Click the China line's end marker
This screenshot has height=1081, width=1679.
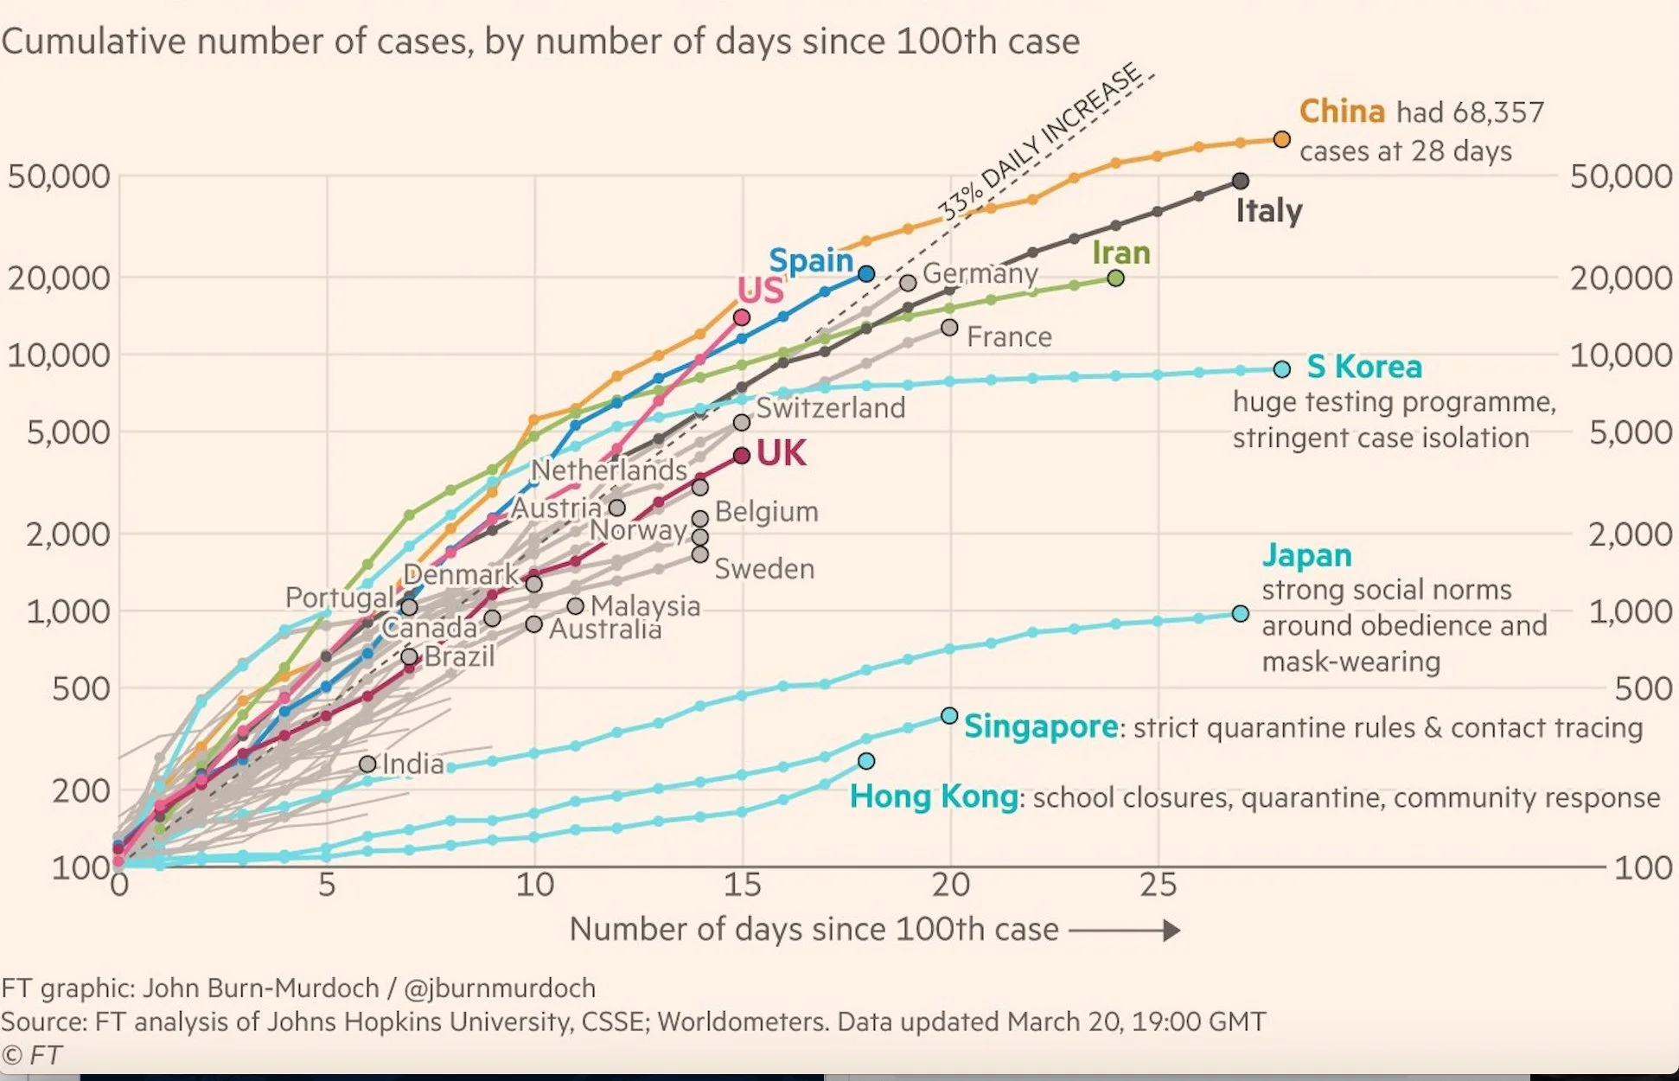[1281, 139]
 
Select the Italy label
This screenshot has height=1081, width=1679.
[1268, 211]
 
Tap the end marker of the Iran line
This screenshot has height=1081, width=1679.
[1115, 278]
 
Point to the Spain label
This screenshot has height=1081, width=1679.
[810, 260]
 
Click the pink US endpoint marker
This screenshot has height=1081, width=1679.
[741, 317]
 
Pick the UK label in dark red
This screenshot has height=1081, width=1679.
[781, 453]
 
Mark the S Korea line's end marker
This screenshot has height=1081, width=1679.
[1281, 369]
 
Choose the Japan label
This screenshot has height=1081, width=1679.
[1306, 555]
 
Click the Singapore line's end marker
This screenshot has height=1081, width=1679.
[948, 716]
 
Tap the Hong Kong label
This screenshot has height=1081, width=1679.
[933, 796]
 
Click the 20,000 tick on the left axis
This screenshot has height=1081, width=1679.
[59, 278]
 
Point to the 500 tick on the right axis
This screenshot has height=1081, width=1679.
[1643, 689]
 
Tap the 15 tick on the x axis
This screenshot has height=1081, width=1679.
[742, 886]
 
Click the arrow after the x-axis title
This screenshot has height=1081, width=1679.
[1125, 931]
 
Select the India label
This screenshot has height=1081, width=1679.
[412, 764]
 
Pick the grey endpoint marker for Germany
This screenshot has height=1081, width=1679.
[907, 283]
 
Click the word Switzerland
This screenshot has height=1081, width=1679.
[830, 408]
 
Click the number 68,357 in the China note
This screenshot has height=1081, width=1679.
[1497, 112]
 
